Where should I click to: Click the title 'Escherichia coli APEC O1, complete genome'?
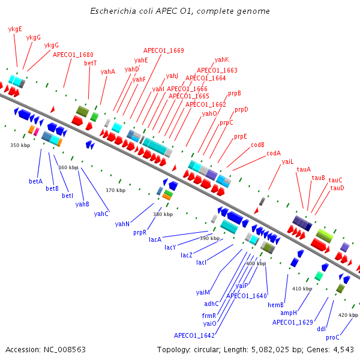[180, 11]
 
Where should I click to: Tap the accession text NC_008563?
[46, 349]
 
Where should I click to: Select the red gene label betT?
[91, 63]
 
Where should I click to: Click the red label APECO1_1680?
[73, 55]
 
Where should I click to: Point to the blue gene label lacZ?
[187, 255]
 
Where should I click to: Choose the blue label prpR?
[140, 232]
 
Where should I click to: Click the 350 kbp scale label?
[20, 145]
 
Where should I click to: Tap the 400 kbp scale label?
[256, 263]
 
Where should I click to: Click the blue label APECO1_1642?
[194, 335]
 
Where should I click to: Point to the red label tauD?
[337, 188]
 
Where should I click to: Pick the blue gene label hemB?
[275, 305]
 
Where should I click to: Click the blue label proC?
[333, 337]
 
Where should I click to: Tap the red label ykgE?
[15, 29]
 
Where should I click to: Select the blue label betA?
[36, 181]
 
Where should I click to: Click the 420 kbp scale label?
[348, 315]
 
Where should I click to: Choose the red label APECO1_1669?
[163, 50]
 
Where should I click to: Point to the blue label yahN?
[122, 224]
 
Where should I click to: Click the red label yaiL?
[288, 161]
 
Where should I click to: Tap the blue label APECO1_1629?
[293, 322]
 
